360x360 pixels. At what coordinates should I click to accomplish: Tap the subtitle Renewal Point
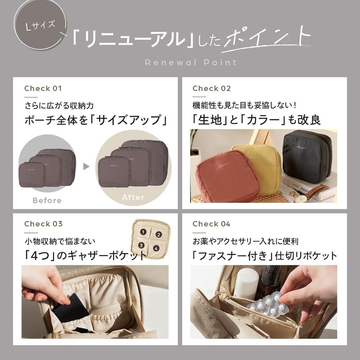(190, 63)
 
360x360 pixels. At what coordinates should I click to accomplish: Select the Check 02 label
(211, 88)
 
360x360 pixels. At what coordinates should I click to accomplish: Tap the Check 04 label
(211, 224)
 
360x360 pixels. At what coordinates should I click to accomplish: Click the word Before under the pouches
(47, 200)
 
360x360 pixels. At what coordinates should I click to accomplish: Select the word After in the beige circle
(133, 197)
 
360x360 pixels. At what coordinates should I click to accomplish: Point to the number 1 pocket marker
(144, 232)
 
